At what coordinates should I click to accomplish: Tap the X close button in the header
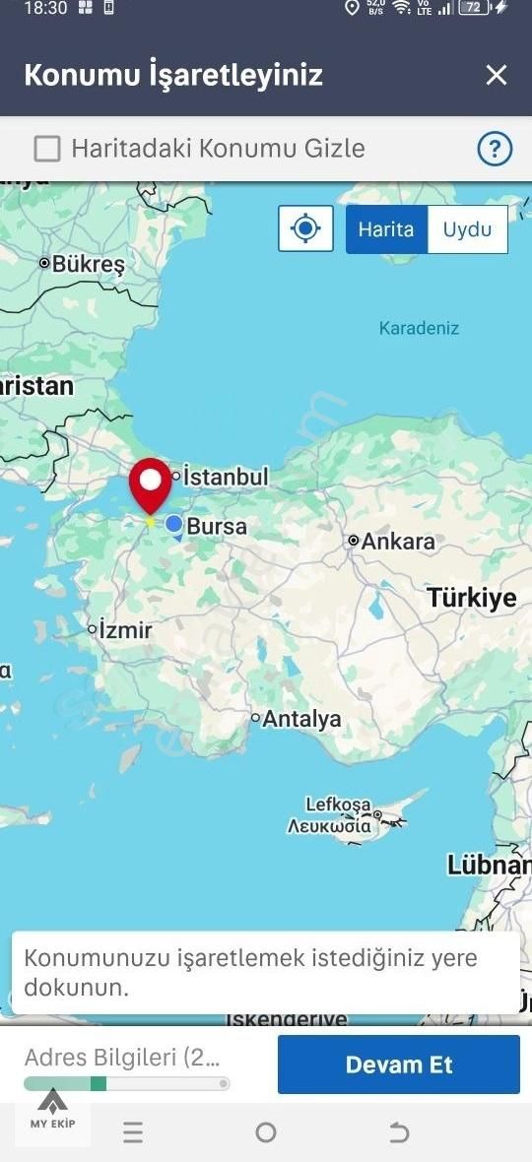497,75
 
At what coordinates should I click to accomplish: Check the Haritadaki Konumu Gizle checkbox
47,149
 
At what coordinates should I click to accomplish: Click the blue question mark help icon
495,149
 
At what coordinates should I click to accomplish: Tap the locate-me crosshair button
305,229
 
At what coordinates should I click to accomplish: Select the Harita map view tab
386,229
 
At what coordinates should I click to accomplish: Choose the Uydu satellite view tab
467,229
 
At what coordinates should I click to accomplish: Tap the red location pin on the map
151,484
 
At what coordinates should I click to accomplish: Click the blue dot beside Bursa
174,525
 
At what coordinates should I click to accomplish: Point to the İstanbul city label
226,477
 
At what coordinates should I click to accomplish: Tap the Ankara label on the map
397,541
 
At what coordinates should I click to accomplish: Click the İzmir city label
125,629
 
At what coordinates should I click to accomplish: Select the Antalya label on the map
301,719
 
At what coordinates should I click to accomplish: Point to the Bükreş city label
88,264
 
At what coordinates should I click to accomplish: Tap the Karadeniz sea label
419,328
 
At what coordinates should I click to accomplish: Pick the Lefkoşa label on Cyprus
337,805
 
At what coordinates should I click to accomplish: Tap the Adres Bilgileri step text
122,1058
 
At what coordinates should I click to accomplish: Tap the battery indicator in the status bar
477,8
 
